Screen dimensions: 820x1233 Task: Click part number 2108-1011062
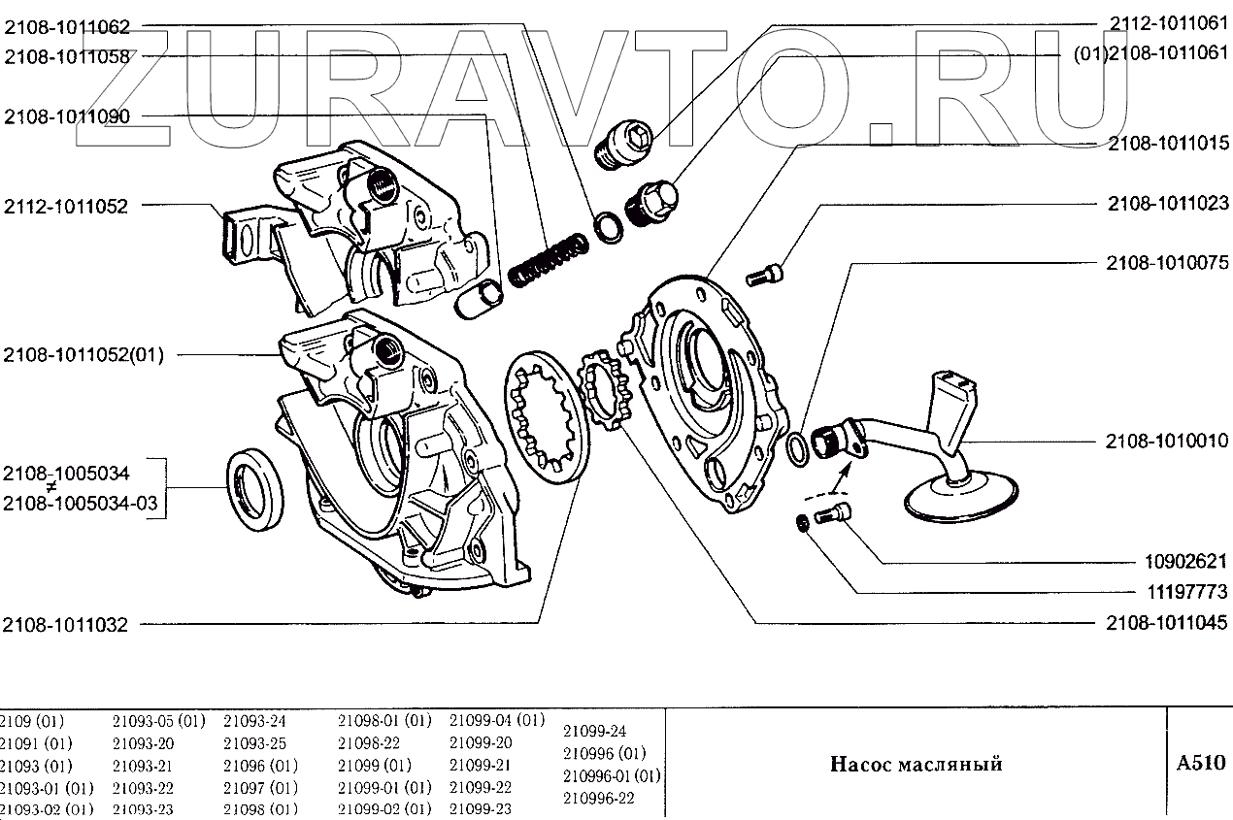[66, 28]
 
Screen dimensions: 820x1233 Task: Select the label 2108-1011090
[66, 116]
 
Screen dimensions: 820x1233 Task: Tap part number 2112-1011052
[66, 206]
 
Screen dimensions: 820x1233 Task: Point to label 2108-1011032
[66, 626]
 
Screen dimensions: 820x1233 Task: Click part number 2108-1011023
[1168, 204]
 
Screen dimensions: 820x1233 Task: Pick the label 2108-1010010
[1168, 441]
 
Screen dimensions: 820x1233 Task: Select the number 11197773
[1182, 590]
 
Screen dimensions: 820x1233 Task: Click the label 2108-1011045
[1168, 622]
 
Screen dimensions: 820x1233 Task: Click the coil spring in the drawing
[548, 260]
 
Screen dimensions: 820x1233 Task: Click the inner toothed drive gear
[603, 396]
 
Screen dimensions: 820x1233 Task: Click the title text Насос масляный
[916, 764]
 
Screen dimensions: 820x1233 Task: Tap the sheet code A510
[1200, 762]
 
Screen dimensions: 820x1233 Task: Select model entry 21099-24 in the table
[594, 731]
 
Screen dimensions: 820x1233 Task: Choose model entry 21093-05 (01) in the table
[158, 721]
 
